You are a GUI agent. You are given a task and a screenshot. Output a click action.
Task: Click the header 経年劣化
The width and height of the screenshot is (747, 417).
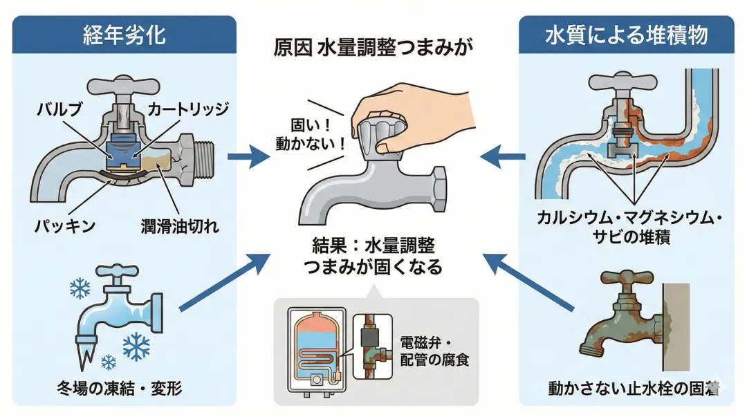124,35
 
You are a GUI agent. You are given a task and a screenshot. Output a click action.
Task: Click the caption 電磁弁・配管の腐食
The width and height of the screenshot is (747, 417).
434,351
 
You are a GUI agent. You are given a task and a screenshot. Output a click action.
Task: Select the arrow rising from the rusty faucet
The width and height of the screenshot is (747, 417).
529,284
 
